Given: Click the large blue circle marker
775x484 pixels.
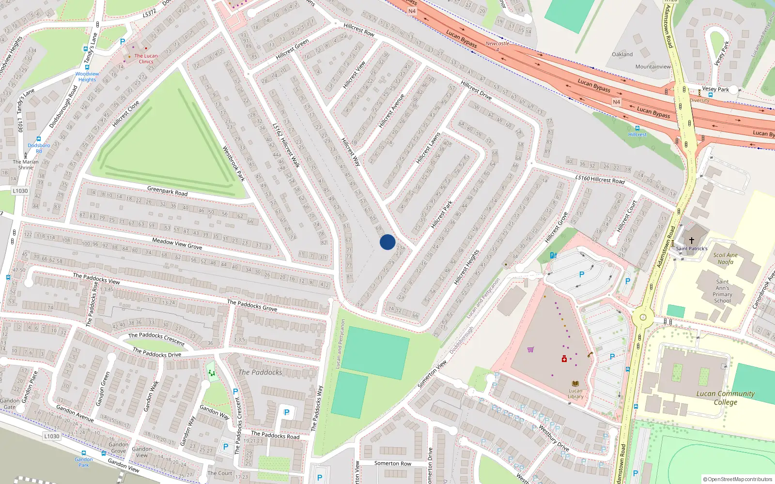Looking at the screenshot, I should [x=387, y=242].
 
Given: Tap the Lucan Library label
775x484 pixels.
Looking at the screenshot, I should [x=575, y=393].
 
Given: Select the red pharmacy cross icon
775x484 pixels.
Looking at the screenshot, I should [x=564, y=359].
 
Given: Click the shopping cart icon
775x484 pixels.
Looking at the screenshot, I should [x=530, y=349].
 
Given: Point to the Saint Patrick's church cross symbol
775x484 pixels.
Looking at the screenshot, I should [x=692, y=240].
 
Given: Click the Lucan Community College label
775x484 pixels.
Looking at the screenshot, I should [x=725, y=397].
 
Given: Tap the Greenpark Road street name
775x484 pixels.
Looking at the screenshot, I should [x=167, y=191].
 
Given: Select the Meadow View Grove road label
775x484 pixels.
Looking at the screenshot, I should [x=177, y=243].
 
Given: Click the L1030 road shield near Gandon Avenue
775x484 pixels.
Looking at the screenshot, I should [x=52, y=436].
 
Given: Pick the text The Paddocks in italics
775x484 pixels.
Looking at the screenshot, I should [x=260, y=372].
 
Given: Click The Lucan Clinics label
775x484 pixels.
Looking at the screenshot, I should [x=146, y=59].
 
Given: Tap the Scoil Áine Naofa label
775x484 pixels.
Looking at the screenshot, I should [x=725, y=258].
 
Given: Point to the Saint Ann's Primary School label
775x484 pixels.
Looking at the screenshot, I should [x=722, y=291].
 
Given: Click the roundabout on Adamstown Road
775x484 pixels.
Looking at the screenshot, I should [x=643, y=318].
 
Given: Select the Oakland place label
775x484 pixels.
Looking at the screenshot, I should [x=622, y=54].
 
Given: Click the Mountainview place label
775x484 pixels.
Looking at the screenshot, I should [x=653, y=67].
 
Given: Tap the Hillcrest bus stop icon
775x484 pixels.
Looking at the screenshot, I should [x=637, y=128].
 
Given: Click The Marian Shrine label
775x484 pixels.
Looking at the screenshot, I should [x=26, y=165].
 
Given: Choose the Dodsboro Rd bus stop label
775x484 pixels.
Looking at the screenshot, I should [x=39, y=148].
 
